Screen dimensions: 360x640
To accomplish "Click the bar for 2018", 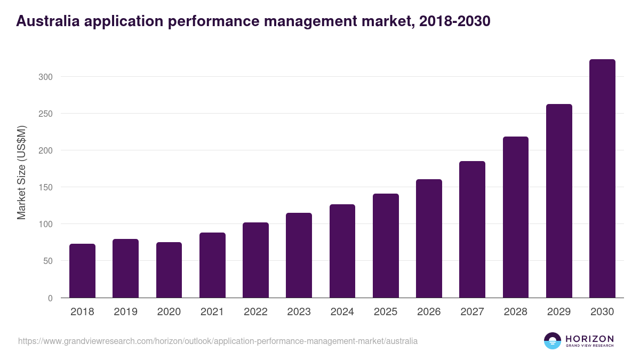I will [82, 271].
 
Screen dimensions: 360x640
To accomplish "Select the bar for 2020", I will [169, 270].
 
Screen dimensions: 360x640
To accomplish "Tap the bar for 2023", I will [299, 255].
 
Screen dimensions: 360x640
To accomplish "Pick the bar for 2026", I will [429, 238].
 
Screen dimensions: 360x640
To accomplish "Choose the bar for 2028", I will [516, 217].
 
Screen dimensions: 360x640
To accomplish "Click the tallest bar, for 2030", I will [602, 179].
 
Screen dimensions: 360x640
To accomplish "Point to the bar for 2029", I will [559, 201].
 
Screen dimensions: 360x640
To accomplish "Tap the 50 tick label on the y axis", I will [47, 261].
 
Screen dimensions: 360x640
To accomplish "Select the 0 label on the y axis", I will [50, 298].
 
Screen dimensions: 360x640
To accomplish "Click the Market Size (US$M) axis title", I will [21, 173].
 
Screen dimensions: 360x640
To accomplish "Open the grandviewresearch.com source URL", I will [218, 341].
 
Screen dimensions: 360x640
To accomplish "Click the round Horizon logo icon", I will [553, 341].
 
